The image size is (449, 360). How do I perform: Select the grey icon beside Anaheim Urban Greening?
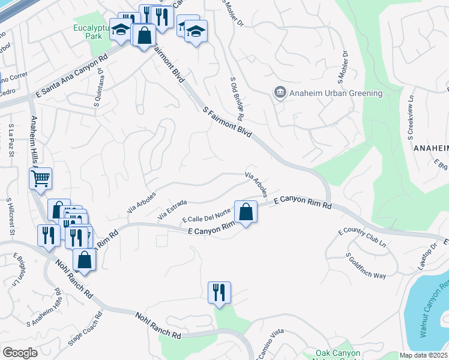pos(280,93)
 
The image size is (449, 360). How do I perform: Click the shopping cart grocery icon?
pos(40,178)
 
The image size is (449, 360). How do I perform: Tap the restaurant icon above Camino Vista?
pos(219,293)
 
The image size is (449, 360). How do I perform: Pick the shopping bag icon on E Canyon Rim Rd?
pos(246,212)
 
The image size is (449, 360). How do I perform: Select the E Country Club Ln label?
pos(362,238)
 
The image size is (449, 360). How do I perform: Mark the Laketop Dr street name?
pos(429,257)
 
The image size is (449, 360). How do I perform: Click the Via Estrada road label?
pos(172,211)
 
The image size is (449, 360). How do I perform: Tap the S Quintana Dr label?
pos(98,88)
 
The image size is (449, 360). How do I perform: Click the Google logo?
pos(20,353)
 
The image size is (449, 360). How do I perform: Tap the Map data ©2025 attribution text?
pos(424,355)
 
